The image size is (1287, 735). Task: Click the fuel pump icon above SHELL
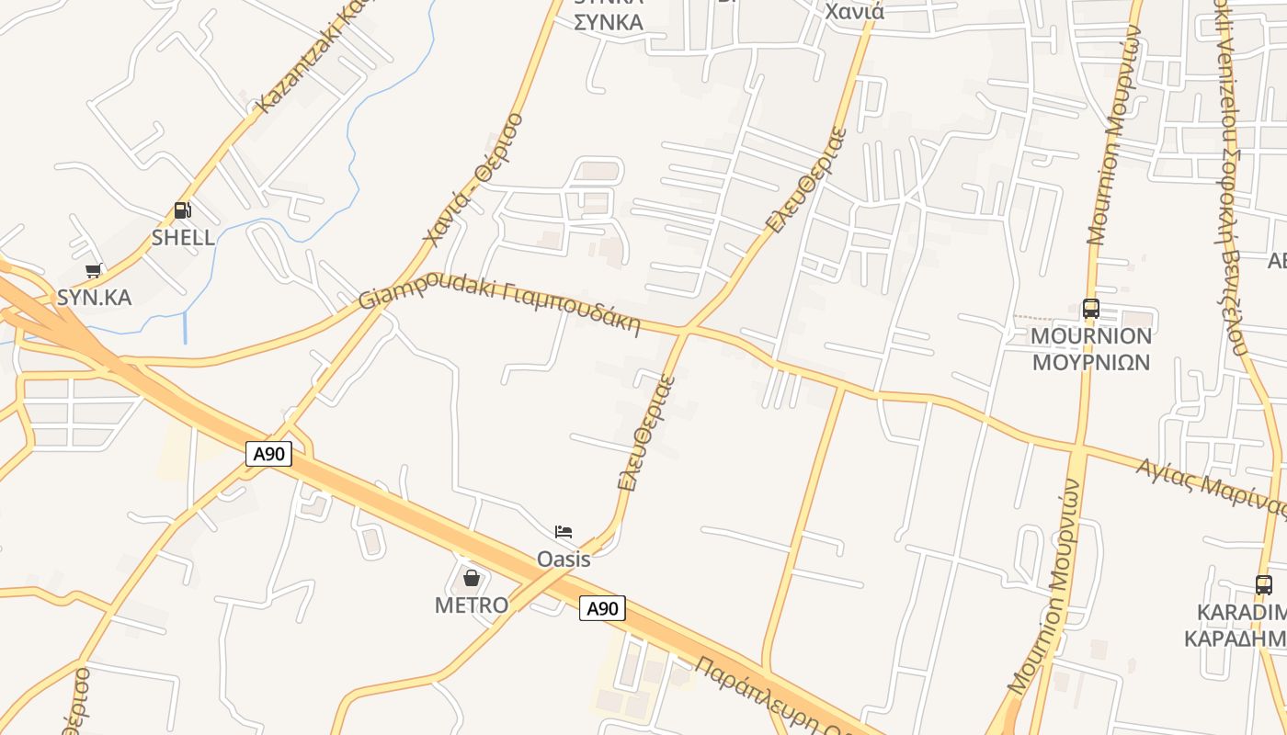(182, 210)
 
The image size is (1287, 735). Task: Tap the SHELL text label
(184, 237)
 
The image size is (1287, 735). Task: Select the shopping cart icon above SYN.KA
(93, 271)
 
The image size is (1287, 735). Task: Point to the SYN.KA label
(94, 297)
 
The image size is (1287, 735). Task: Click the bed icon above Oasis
(564, 532)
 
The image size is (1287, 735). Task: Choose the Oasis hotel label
(564, 558)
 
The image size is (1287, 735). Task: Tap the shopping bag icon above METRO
(472, 578)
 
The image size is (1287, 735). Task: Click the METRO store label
(471, 605)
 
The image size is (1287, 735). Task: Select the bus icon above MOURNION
(1090, 309)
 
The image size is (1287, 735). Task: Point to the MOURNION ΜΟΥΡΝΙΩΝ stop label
(1090, 348)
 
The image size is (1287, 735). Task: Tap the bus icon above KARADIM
(1264, 585)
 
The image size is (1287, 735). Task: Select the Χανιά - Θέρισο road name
(473, 180)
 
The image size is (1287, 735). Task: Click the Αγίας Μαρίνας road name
(1210, 488)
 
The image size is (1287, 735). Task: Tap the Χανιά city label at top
(854, 12)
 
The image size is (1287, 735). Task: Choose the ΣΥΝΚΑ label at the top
(609, 21)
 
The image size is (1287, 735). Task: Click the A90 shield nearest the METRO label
(602, 608)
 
